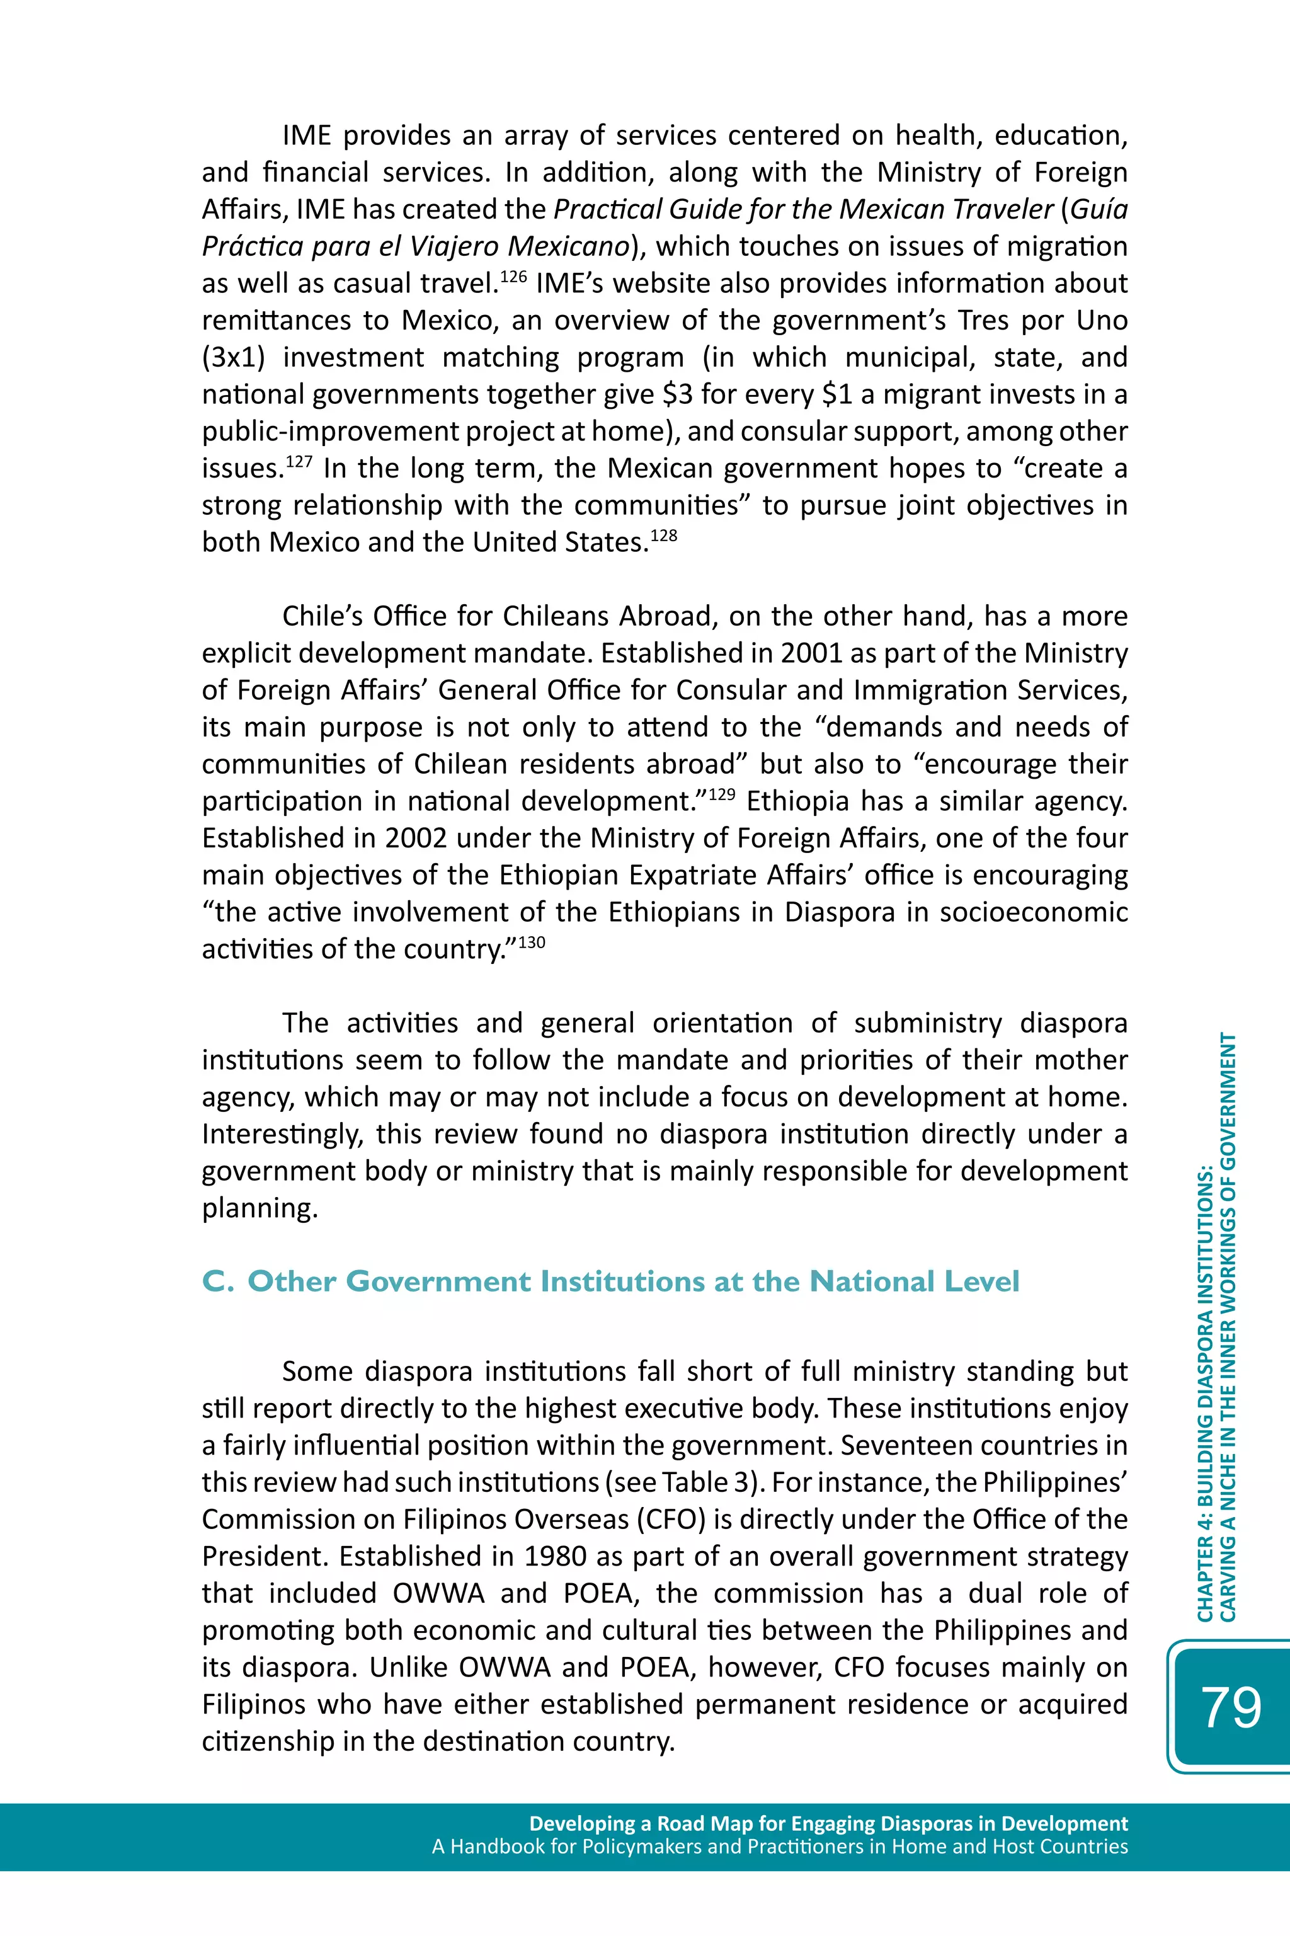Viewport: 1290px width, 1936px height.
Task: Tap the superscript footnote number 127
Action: point(299,460)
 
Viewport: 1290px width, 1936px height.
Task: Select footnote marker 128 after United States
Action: point(663,535)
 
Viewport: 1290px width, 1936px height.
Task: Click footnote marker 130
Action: point(532,941)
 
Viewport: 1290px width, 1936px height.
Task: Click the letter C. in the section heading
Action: point(217,1281)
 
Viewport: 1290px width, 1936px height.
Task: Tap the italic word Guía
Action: point(1099,210)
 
